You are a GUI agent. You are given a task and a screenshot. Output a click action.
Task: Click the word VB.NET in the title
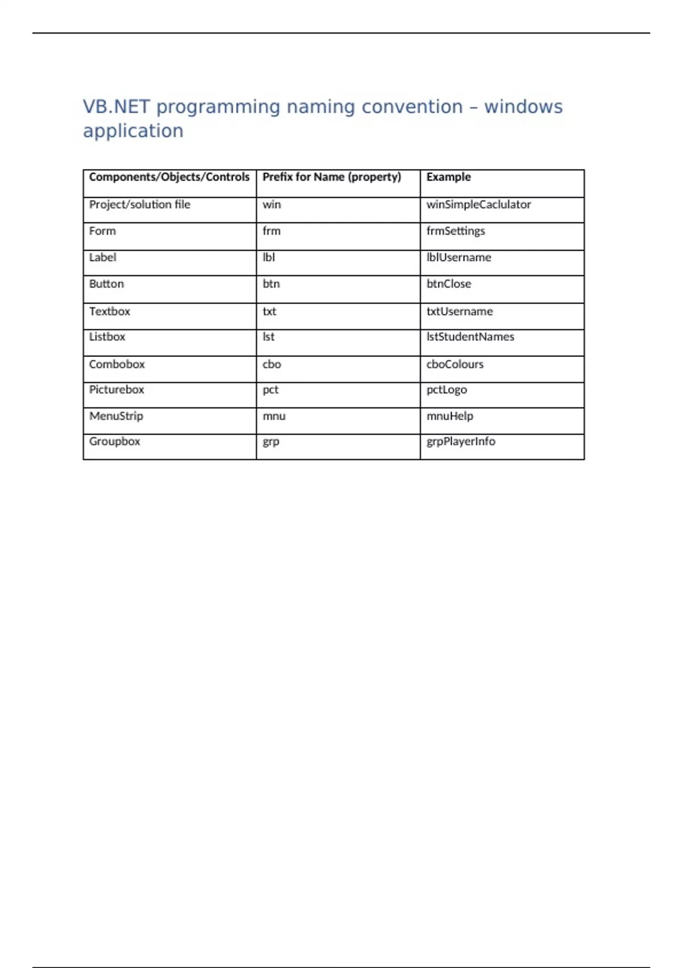click(116, 107)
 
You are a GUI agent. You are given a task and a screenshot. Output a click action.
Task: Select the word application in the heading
click(133, 131)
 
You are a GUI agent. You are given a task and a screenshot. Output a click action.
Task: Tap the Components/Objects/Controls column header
click(169, 177)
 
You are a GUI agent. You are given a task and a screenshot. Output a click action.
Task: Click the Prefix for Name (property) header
click(331, 177)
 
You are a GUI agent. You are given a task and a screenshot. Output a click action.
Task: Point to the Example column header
click(449, 177)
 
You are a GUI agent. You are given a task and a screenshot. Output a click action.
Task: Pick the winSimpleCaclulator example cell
click(478, 204)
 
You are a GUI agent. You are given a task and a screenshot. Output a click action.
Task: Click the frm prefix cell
click(271, 231)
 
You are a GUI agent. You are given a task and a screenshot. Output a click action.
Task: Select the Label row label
click(102, 257)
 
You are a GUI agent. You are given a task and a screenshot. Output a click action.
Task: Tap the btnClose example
click(449, 284)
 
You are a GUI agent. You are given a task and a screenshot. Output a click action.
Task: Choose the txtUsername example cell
click(459, 311)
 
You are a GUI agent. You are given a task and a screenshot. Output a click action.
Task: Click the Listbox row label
click(107, 337)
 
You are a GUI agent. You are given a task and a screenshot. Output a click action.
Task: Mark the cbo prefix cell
click(271, 364)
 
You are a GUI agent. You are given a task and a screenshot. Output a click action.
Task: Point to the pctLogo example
click(446, 390)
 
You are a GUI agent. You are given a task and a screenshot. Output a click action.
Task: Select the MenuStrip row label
click(116, 416)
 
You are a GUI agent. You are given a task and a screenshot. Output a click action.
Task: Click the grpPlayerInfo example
click(460, 442)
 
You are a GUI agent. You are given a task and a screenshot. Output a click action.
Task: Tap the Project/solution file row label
click(139, 204)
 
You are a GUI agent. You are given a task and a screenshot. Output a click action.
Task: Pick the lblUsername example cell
click(458, 257)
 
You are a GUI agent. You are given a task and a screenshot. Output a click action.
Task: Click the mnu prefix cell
click(274, 416)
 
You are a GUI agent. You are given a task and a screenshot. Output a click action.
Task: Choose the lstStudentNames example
click(470, 337)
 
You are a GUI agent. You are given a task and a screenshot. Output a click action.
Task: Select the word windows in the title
click(523, 107)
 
